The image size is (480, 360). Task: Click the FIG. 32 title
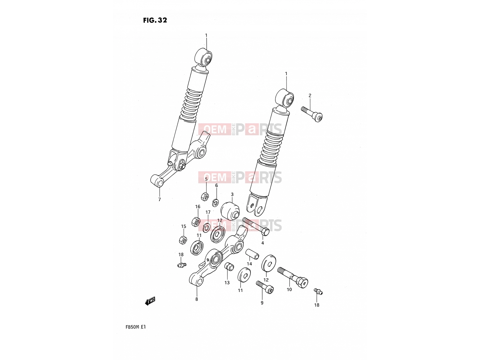point(155,20)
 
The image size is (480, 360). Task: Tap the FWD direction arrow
point(150,301)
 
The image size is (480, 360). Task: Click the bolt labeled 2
point(312,114)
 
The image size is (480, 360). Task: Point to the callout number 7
point(159,199)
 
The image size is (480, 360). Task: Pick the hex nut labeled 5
point(205,197)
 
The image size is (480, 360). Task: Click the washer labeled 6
point(215,202)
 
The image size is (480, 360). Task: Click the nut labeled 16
point(196,222)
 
